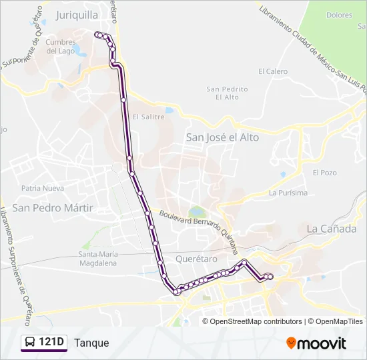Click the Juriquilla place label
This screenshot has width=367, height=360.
[77, 14]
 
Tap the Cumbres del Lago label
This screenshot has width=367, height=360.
[61, 46]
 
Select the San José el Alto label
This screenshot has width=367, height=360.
[222, 137]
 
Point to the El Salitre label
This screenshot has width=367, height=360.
[148, 116]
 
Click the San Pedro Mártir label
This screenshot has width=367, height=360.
[52, 207]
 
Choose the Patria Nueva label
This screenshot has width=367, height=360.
[43, 188]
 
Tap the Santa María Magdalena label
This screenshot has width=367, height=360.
[97, 258]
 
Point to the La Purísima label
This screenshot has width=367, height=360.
[288, 193]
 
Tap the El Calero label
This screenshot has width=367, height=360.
[273, 71]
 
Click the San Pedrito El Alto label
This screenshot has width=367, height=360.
[227, 93]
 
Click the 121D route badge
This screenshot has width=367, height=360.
[44, 343]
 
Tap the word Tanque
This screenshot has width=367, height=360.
[91, 343]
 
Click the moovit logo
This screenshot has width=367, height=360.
[316, 343]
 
